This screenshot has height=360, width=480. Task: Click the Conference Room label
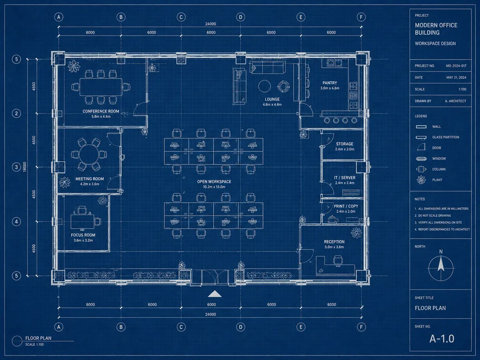101,111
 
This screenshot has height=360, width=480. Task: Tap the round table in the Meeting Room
89,154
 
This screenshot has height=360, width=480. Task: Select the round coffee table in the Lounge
264,86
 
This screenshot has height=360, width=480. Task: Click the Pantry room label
330,83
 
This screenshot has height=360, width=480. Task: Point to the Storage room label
345,144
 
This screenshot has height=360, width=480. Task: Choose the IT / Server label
345,178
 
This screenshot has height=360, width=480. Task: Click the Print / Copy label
346,206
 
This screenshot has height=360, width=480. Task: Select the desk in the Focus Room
82,222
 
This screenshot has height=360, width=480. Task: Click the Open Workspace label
214,182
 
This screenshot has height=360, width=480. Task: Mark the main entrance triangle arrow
214,294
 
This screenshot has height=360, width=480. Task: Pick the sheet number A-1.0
442,339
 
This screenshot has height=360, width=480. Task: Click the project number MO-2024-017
456,66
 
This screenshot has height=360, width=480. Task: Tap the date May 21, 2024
456,78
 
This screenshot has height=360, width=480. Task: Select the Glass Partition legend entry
446,137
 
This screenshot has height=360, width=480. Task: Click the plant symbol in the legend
421,180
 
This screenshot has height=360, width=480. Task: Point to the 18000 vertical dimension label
24,167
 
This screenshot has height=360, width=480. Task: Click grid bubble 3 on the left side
16,167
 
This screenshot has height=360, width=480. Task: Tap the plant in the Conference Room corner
74,66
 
